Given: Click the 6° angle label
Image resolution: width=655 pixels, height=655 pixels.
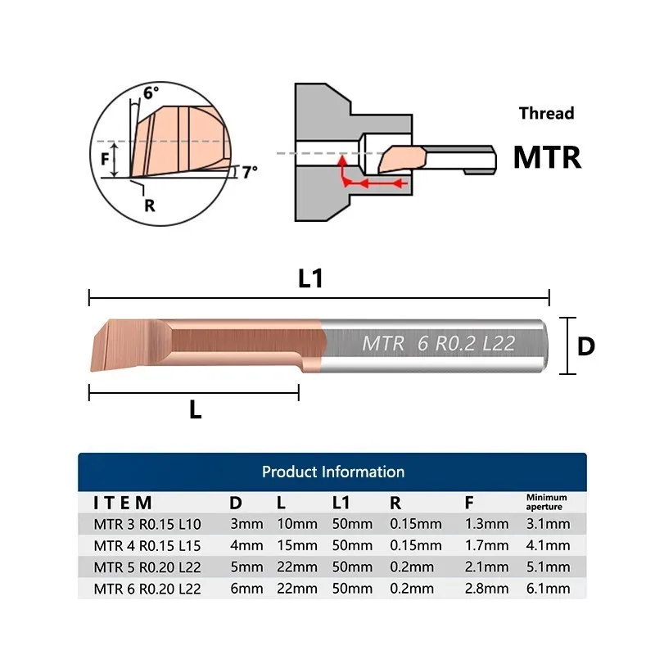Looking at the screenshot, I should click(151, 93).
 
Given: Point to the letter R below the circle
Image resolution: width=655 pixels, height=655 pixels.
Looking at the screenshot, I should click(149, 205).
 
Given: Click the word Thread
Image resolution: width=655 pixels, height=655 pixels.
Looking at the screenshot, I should click(546, 113).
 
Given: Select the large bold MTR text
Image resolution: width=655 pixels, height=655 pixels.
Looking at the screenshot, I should click(547, 157).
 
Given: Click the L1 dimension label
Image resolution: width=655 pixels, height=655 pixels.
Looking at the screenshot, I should click(310, 278).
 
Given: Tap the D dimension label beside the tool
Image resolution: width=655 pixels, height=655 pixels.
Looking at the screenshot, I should click(585, 346).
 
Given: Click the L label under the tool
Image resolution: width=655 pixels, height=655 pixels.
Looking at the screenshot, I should click(195, 411).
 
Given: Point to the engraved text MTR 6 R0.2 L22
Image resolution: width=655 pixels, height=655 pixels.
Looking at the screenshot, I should click(439, 344).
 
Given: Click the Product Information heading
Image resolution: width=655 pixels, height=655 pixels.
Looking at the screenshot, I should click(332, 472).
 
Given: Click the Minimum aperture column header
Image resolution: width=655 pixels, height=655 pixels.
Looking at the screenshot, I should click(546, 502).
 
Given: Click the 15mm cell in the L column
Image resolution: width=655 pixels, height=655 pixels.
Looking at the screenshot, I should click(297, 545).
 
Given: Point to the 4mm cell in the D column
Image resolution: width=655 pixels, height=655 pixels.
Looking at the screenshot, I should click(246, 545).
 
